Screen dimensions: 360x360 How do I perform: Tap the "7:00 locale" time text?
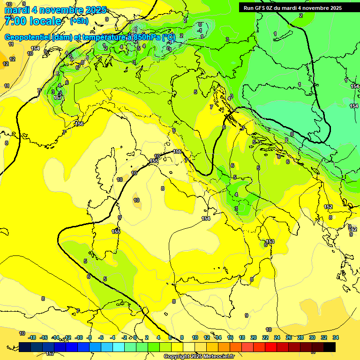coord(33,21)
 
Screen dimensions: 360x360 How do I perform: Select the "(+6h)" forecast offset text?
coord(79,21)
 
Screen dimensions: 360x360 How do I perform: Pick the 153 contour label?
coord(270,241)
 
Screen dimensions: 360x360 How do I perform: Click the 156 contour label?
coord(79,124)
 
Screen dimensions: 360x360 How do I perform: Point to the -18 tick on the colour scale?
coord(32,337)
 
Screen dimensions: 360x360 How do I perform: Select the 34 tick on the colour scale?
coord(335,337)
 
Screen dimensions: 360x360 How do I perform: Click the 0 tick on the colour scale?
coord(135,337)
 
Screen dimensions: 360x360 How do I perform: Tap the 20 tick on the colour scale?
coord(253,337)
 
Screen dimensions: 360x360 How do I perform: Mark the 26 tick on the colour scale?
coord(288,337)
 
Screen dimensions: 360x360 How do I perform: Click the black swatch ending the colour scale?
coord(330,347)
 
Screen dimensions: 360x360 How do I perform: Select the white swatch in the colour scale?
coord(188,347)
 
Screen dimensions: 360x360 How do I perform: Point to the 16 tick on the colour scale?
coord(230,337)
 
